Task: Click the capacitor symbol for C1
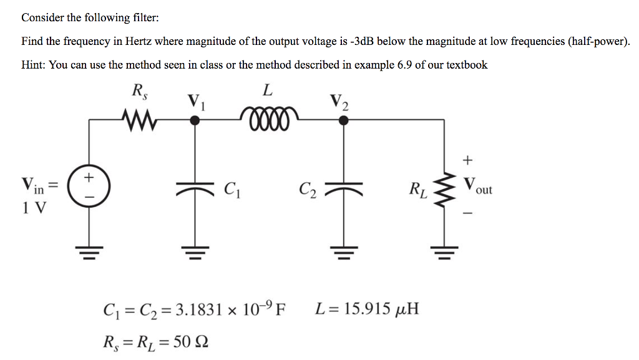(194, 188)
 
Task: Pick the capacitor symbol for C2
(343, 188)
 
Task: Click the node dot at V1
(194, 121)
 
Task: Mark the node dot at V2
(343, 121)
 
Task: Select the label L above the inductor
(267, 91)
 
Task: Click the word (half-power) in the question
(593, 42)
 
